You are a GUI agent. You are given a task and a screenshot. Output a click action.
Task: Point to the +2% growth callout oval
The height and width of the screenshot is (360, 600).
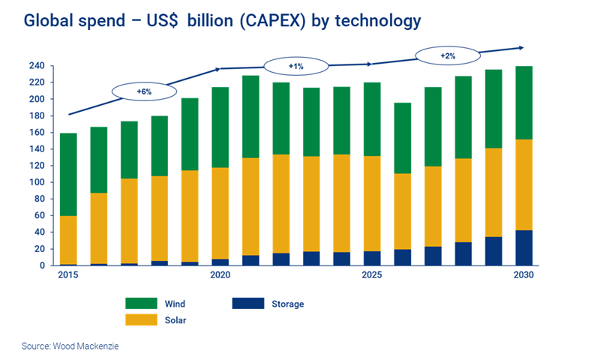coord(447,55)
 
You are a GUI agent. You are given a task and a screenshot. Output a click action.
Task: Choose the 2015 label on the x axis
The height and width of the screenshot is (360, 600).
coord(68,275)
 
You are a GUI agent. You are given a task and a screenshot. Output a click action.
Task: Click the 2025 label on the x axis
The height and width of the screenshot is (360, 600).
coord(372,275)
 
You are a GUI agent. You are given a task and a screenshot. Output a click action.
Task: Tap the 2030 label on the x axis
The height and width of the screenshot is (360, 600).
coord(523,275)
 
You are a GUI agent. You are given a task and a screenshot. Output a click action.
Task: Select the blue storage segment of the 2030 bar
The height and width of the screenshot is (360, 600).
coord(523,247)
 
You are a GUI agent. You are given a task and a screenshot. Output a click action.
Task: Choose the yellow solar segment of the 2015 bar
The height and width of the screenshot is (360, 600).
coord(68,239)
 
